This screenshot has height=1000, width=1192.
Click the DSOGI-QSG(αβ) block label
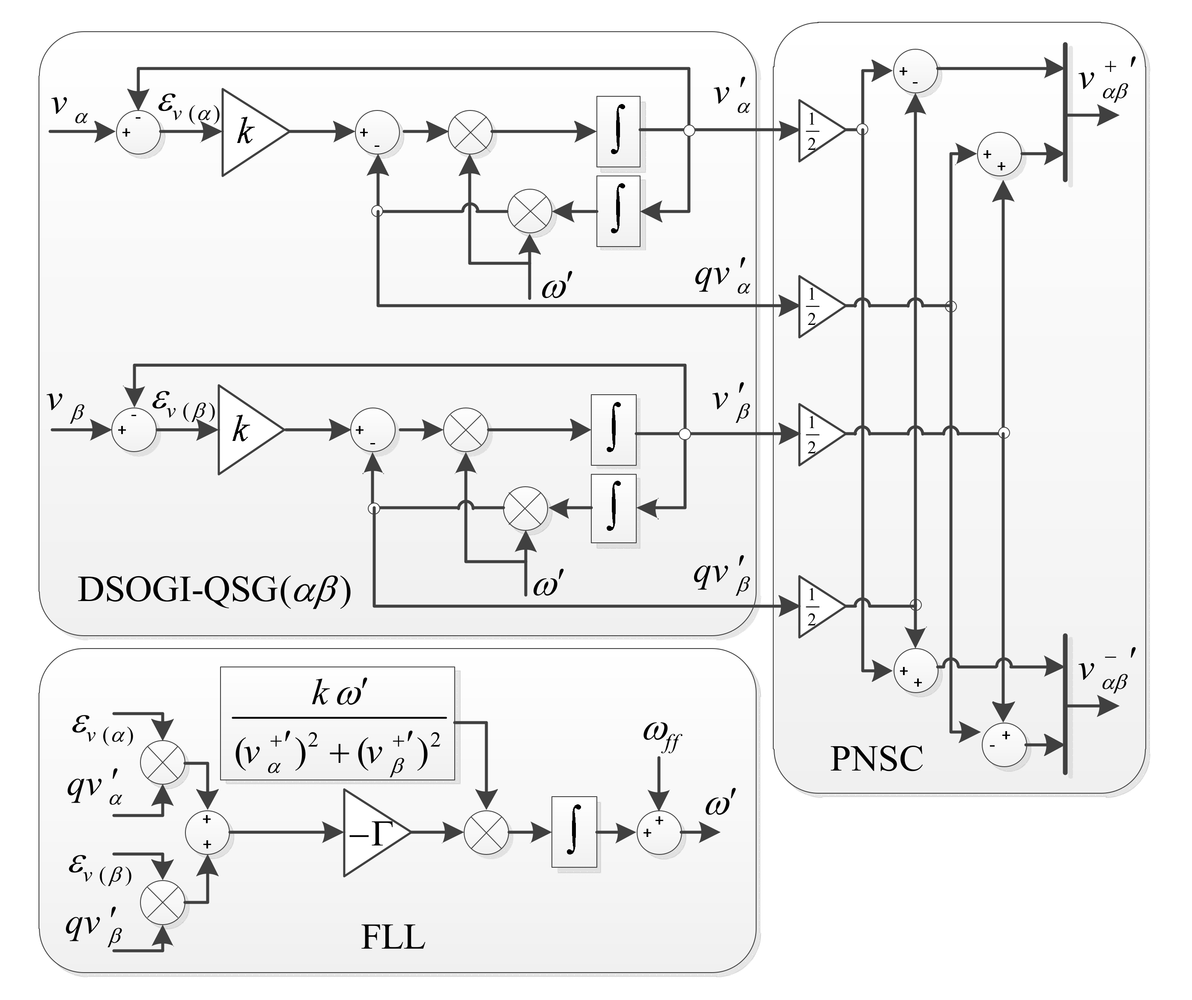pos(214,590)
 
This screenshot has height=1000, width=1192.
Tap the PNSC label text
pos(876,759)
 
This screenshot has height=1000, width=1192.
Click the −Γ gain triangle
pos(372,833)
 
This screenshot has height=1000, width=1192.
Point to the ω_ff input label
pos(661,733)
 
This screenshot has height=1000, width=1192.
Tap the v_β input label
pos(64,404)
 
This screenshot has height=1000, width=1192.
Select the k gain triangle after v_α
pos(250,132)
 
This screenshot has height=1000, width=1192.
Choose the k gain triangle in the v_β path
pos(245,430)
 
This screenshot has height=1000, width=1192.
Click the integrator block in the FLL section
pos(574,832)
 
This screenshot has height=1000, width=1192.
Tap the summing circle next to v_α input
pos(138,132)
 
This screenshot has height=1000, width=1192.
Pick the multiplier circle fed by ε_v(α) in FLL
pos(163,762)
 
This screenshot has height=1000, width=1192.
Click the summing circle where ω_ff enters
pos(659,832)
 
